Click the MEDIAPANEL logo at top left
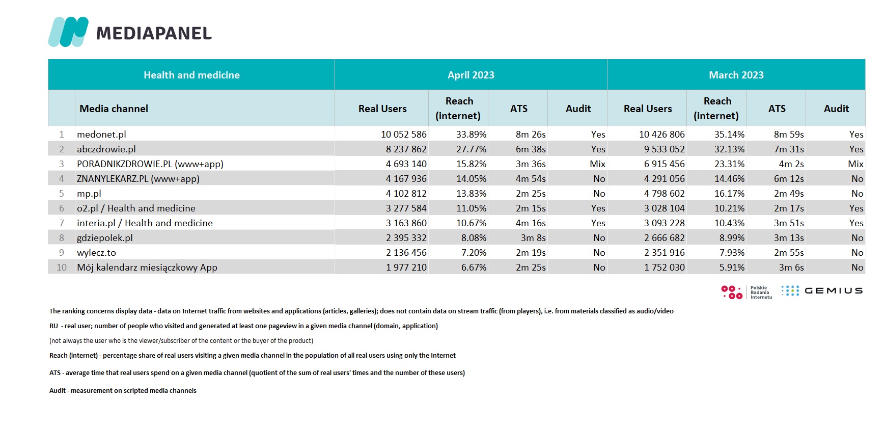[130, 32]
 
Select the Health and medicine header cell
[191, 75]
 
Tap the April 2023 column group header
[471, 75]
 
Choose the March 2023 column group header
[736, 75]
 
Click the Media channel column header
[114, 109]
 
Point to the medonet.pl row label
[101, 135]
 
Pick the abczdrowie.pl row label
[106, 149]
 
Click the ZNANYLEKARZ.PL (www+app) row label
[138, 179]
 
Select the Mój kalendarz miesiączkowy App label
[147, 268]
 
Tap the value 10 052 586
[404, 135]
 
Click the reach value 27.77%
[472, 149]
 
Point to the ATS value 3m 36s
[531, 164]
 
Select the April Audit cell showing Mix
[598, 164]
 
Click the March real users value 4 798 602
[665, 194]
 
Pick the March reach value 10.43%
[730, 223]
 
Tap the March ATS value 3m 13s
[789, 238]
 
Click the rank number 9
[62, 253]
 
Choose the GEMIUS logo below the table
[822, 290]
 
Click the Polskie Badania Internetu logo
[747, 292]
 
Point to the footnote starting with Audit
[123, 391]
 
